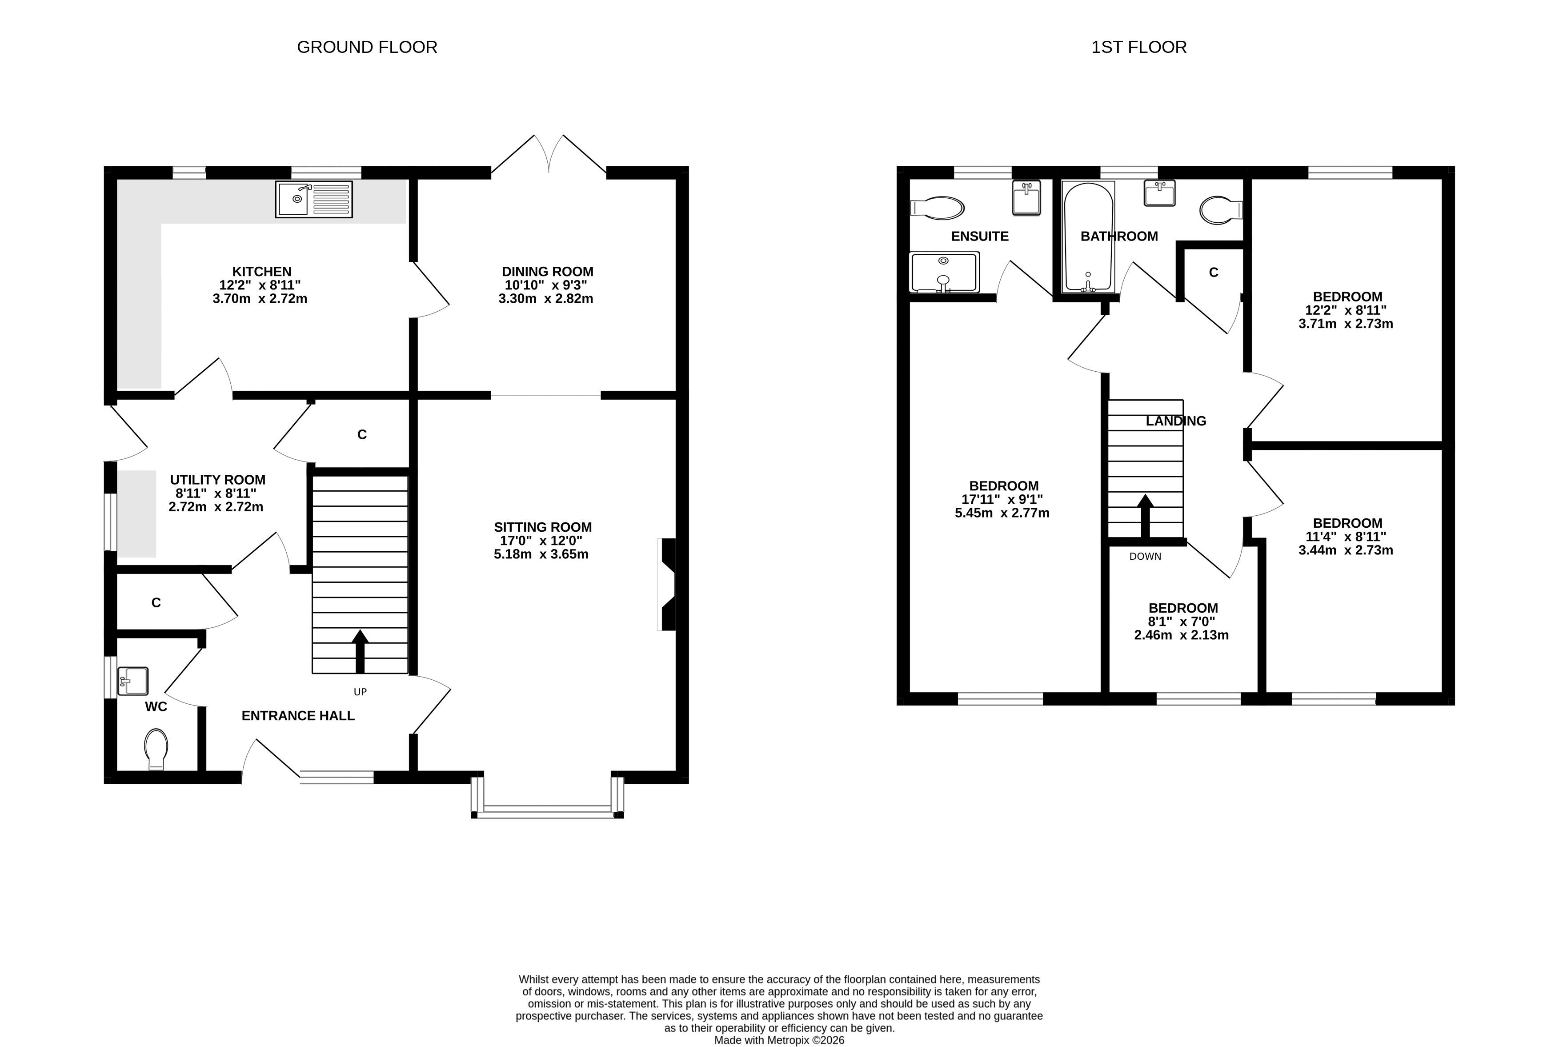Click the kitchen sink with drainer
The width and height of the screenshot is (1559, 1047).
(314, 199)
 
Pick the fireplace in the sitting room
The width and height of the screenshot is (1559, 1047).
(667, 584)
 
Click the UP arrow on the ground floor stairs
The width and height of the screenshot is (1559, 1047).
(360, 651)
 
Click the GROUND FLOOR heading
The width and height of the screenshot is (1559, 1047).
(367, 48)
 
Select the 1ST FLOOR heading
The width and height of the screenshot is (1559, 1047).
(1139, 48)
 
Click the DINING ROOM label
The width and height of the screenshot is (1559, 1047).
(548, 272)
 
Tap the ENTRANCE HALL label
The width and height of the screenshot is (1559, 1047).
(298, 716)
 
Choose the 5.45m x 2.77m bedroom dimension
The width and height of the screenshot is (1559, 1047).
(1002, 513)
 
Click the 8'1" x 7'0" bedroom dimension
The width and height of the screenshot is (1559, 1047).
(1182, 621)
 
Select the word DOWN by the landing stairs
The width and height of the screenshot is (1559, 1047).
(1145, 556)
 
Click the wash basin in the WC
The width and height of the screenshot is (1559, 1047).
(132, 681)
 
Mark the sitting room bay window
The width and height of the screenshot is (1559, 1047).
(547, 797)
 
